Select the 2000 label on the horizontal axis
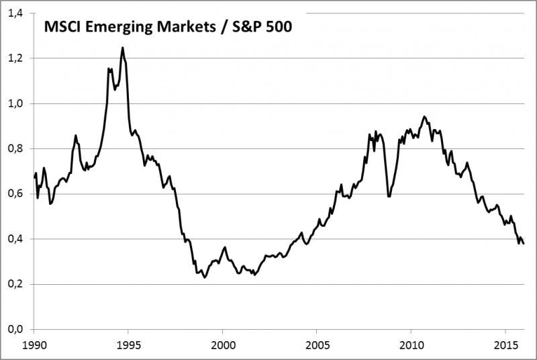[x=222, y=344]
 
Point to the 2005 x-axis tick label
[x=316, y=344]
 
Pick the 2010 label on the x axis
[x=411, y=344]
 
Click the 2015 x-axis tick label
[x=505, y=344]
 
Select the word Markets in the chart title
[x=185, y=28]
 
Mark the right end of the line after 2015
[x=524, y=243]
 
